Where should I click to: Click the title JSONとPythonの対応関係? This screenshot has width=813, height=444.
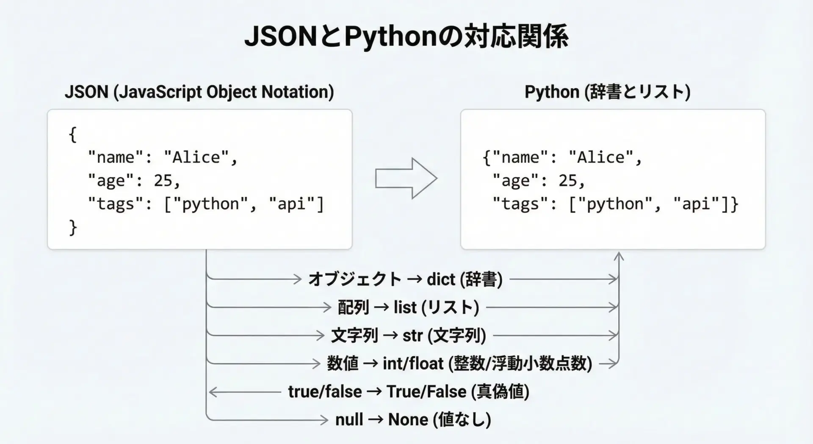click(x=406, y=36)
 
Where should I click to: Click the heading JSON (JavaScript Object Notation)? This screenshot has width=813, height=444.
click(x=199, y=92)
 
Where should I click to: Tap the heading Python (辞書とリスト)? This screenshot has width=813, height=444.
click(x=608, y=92)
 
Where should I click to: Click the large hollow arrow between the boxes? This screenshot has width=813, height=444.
click(x=406, y=179)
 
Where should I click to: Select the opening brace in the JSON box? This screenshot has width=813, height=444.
click(x=73, y=134)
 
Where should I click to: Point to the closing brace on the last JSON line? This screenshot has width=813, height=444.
click(x=73, y=227)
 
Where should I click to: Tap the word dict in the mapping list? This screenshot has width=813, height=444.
click(x=441, y=279)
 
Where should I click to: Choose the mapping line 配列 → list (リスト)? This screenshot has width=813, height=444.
click(x=408, y=307)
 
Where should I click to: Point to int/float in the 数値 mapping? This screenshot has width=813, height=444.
click(x=413, y=364)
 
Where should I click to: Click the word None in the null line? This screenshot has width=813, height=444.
click(x=408, y=420)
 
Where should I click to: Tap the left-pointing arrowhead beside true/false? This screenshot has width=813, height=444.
click(x=213, y=392)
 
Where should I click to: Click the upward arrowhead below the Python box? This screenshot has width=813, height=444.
click(x=619, y=256)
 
